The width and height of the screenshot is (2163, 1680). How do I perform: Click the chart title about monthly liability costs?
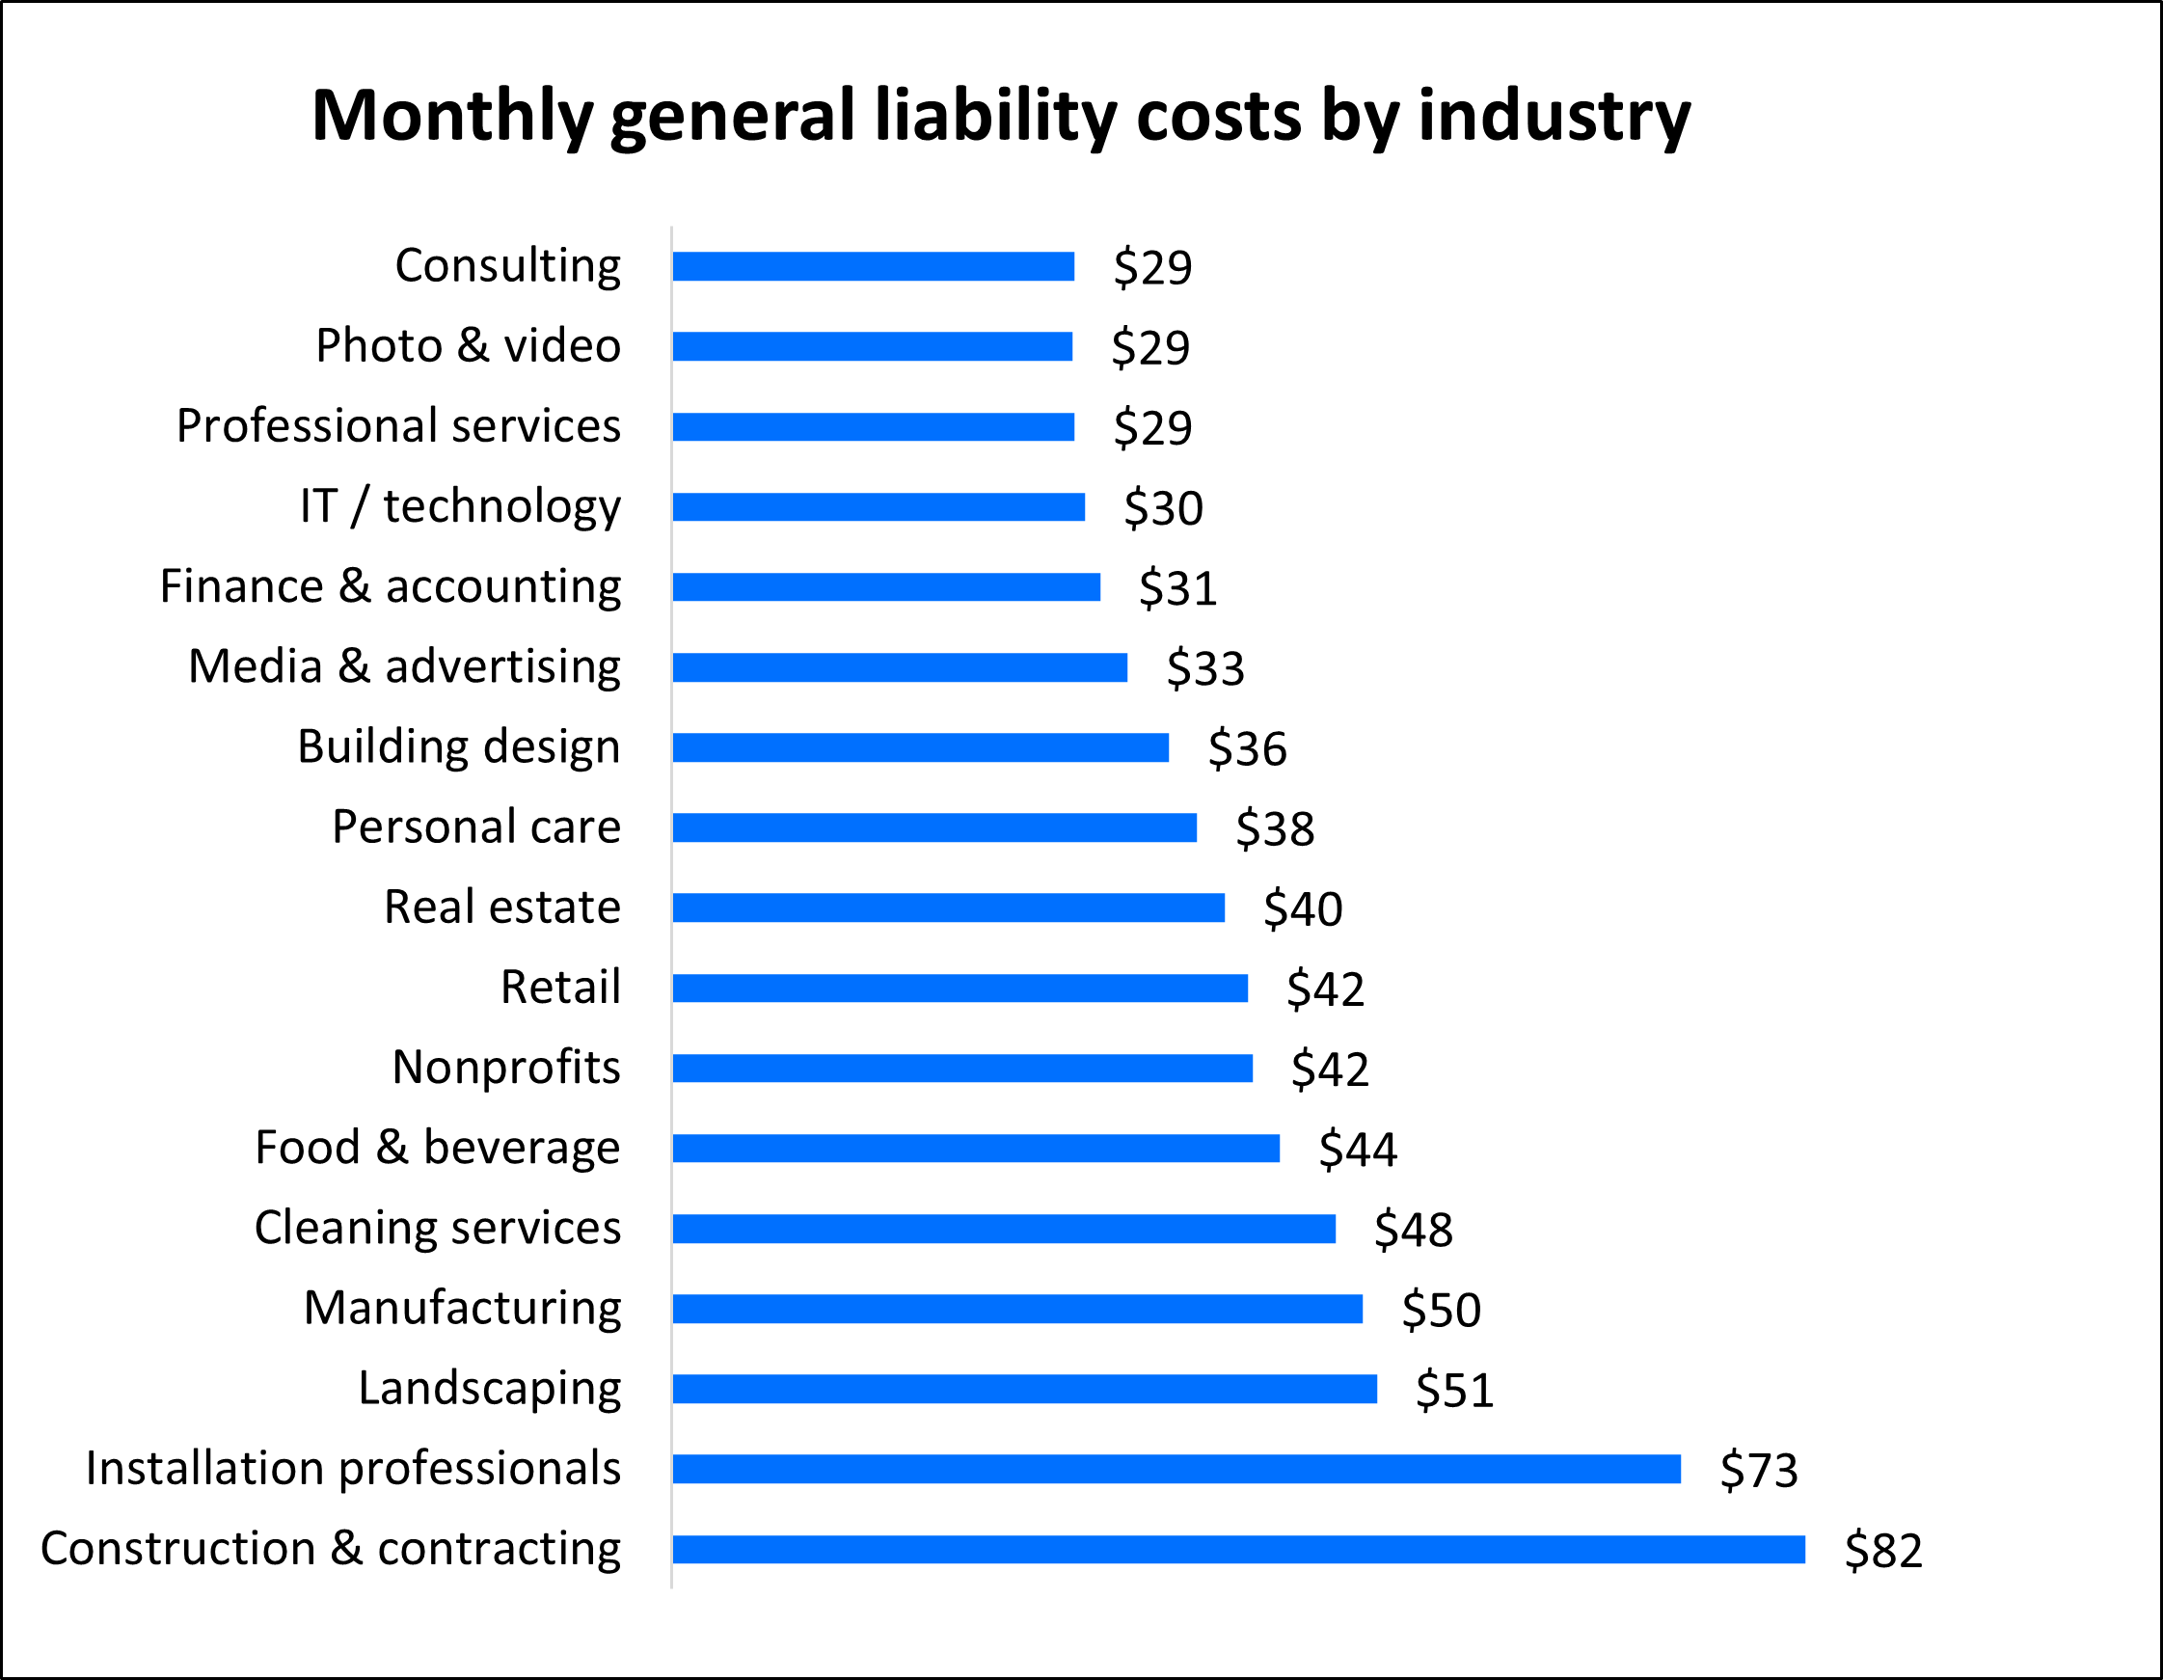point(1000,117)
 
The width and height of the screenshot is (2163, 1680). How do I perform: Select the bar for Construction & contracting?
point(1238,1549)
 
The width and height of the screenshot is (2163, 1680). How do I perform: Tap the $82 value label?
point(1882,1550)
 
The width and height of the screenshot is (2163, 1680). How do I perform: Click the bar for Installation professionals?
point(1176,1469)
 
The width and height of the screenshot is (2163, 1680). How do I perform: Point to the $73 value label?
point(1758,1470)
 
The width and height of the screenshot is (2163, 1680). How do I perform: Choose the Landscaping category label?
point(489,1388)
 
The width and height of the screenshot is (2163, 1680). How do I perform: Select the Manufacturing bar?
point(1017,1309)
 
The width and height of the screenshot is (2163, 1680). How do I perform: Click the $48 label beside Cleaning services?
point(1413,1230)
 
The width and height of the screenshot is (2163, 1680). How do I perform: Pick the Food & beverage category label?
point(437,1147)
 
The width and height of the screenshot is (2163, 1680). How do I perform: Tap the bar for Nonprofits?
point(961,1068)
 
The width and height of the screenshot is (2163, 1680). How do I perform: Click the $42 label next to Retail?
point(1324,989)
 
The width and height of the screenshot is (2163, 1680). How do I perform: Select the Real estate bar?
point(948,908)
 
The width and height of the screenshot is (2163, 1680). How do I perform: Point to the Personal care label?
point(475,826)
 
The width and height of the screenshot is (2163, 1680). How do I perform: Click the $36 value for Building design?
point(1246,747)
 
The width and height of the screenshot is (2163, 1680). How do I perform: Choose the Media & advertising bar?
point(900,667)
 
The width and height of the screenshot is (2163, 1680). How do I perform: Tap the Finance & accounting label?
point(391,585)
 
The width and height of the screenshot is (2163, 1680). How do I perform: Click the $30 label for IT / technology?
point(1163,507)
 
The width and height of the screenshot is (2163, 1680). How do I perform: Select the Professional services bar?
point(873,427)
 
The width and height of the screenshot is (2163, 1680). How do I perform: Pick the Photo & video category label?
point(468,345)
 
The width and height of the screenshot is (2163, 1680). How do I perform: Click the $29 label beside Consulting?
point(1151,267)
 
